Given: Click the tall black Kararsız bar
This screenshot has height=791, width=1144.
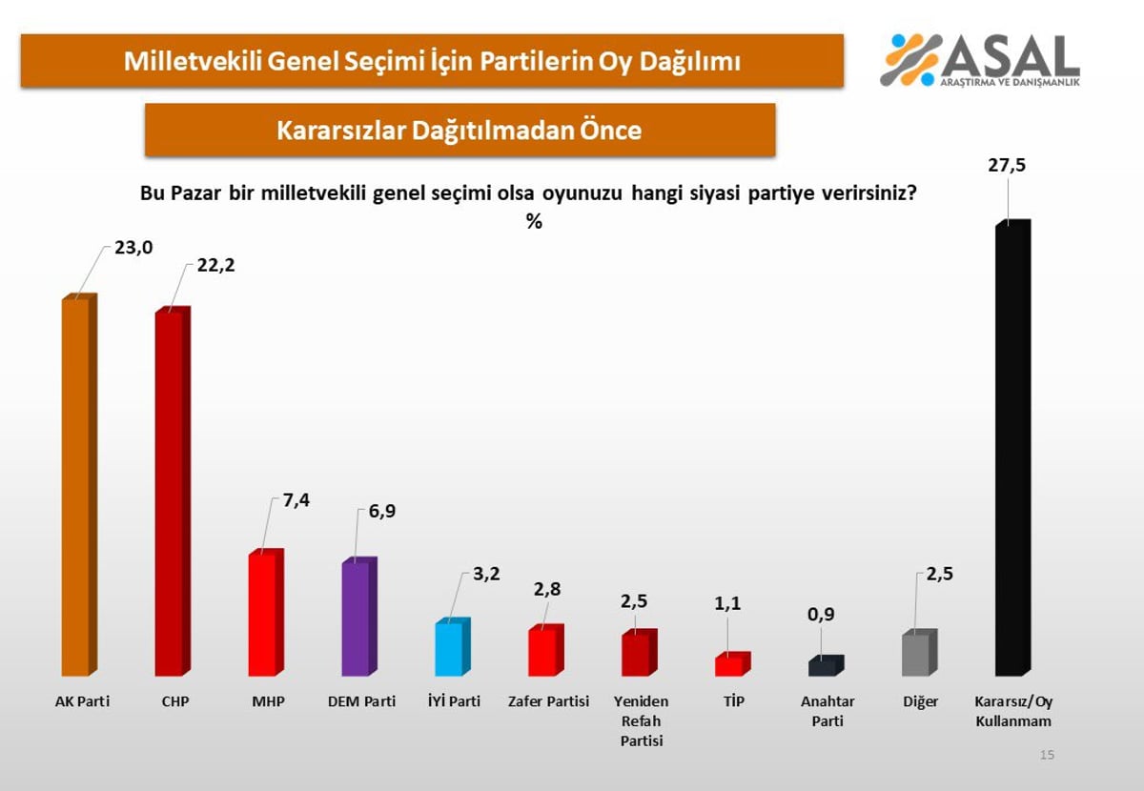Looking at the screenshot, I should [x=1012, y=448].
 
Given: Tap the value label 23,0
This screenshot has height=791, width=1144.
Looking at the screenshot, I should [x=133, y=250].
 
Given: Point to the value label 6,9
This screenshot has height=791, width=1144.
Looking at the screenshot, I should [x=381, y=513].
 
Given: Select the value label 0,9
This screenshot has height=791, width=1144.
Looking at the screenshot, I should [x=821, y=614].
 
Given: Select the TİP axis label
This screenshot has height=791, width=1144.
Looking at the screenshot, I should [x=733, y=702].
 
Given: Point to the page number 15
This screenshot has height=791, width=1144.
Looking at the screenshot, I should [x=1047, y=755].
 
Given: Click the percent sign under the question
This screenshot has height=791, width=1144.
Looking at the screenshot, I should [x=534, y=222].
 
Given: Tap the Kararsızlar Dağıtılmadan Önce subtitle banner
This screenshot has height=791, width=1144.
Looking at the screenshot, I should [x=460, y=131].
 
